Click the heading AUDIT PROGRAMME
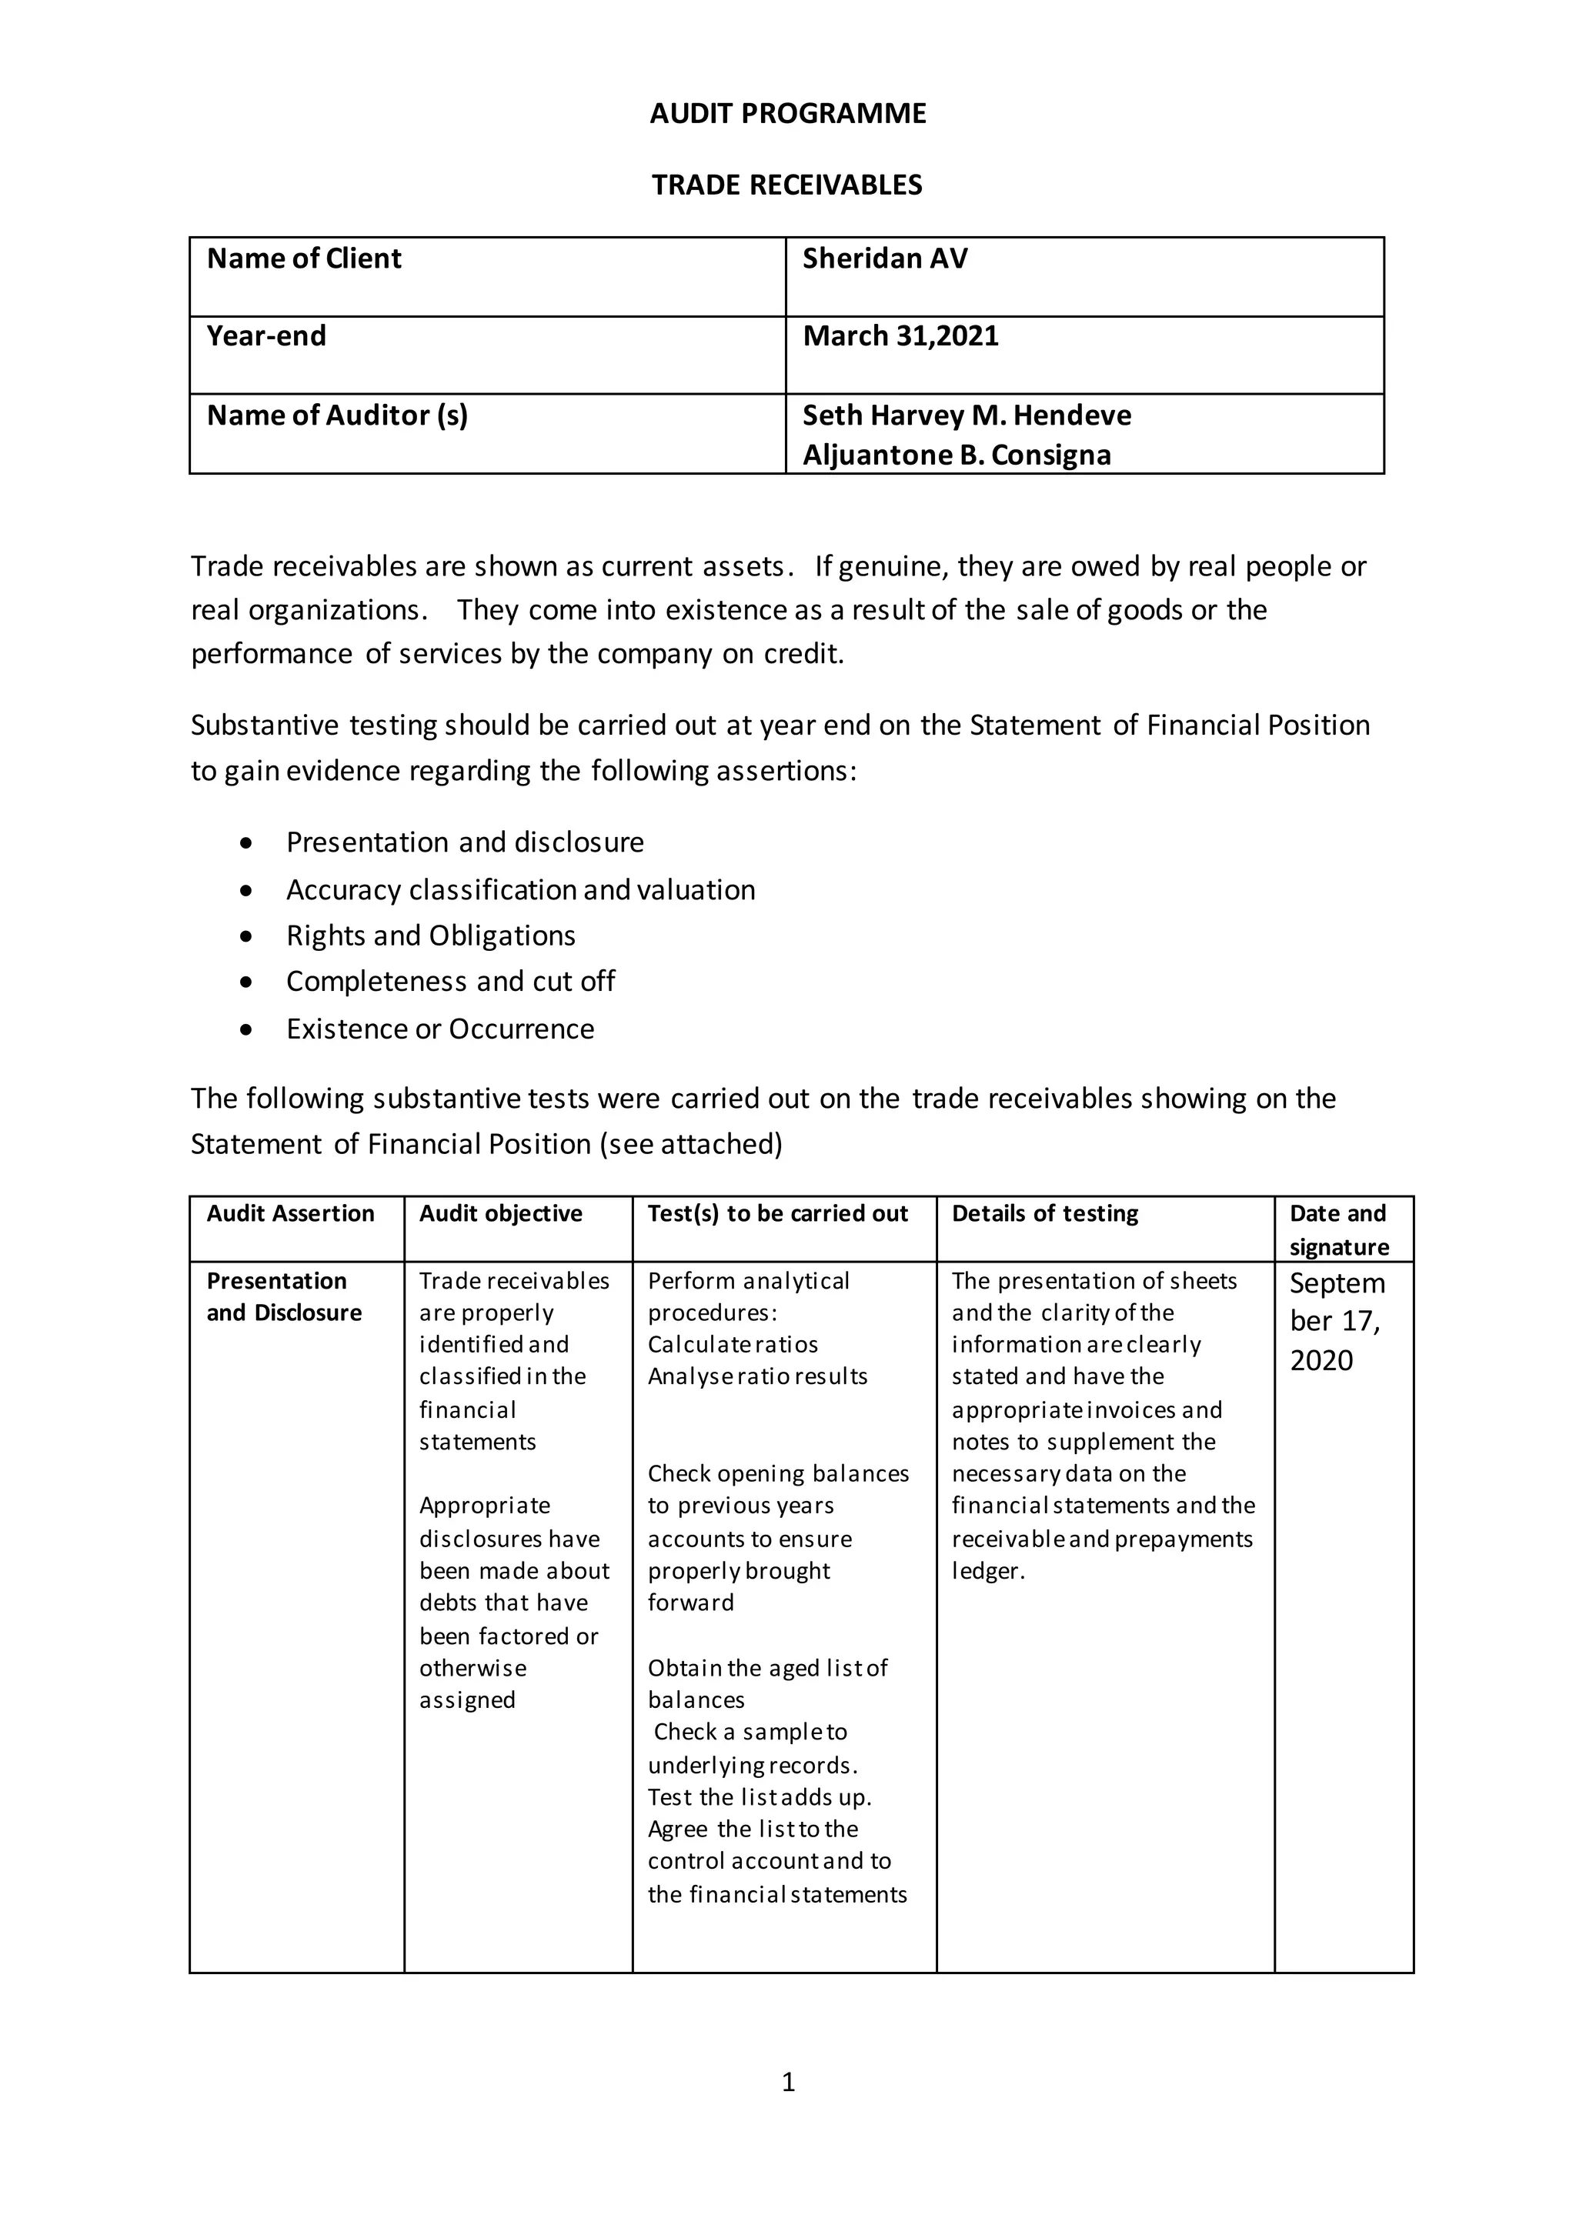coord(787,114)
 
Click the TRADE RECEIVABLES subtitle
coord(787,185)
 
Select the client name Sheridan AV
coord(885,258)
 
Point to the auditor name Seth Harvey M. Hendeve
coord(967,415)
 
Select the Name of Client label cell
coord(304,258)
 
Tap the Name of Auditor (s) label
coord(337,415)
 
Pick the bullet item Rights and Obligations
coord(430,936)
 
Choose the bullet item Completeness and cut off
coord(450,981)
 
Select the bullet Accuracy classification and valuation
coord(520,890)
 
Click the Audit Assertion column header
coord(290,1213)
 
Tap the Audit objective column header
coord(501,1213)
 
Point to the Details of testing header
coord(1044,1213)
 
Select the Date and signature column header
coord(1338,1229)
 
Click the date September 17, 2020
coord(1335,1321)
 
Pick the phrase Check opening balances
coord(778,1473)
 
